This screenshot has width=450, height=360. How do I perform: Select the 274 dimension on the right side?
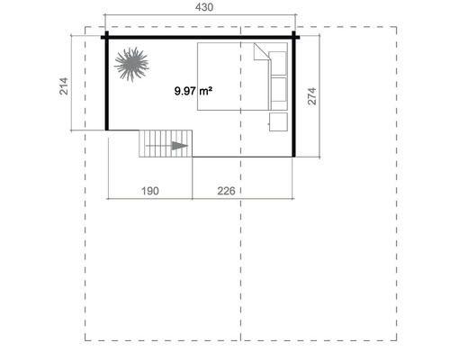(x=312, y=97)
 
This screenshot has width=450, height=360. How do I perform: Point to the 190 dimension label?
(x=149, y=190)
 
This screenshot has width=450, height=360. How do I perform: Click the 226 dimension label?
(x=227, y=190)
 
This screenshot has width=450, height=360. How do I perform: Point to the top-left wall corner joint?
(x=106, y=37)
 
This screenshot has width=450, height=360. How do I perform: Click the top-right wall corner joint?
(x=294, y=37)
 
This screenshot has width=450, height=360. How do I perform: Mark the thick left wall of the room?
(x=106, y=85)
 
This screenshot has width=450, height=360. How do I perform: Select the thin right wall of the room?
(x=294, y=99)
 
